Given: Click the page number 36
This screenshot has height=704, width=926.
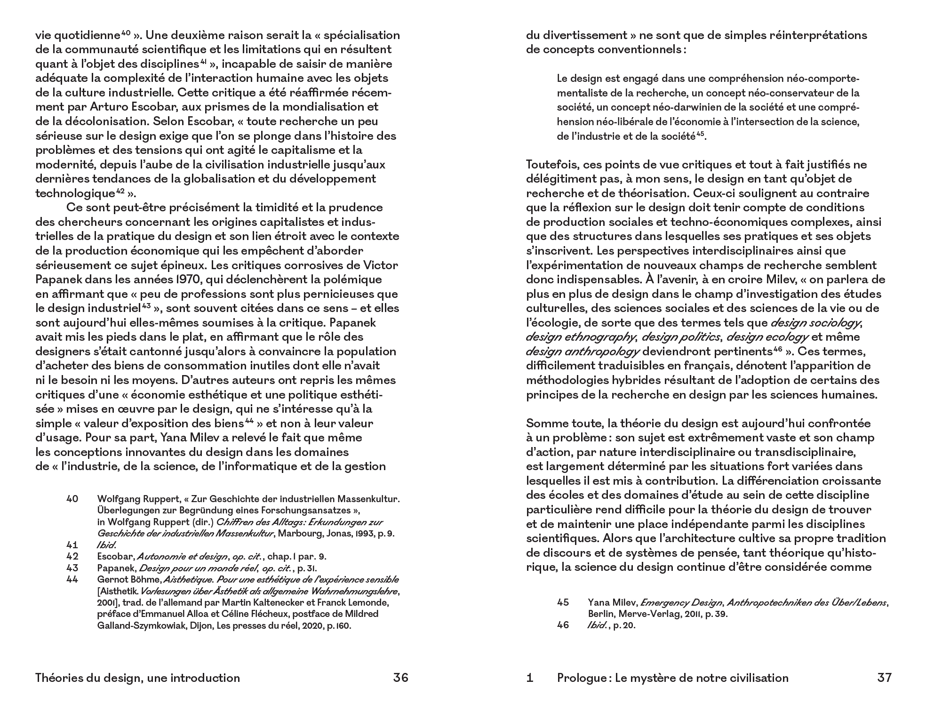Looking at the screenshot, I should tap(400, 678).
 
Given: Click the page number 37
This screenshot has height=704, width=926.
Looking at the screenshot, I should tap(884, 678).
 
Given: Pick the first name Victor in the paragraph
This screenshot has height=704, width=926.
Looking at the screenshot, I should tap(382, 265).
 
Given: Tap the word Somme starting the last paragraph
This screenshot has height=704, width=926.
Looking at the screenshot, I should tap(544, 423).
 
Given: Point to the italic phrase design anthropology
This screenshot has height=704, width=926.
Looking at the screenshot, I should tap(583, 352).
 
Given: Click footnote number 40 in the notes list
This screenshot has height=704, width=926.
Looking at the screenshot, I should tap(72, 499).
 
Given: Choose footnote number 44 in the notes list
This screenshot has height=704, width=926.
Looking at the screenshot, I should tap(72, 580).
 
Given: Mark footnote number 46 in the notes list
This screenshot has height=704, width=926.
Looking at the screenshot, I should tap(563, 625).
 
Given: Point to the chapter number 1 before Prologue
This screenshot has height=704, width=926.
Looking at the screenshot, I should tap(530, 678).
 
